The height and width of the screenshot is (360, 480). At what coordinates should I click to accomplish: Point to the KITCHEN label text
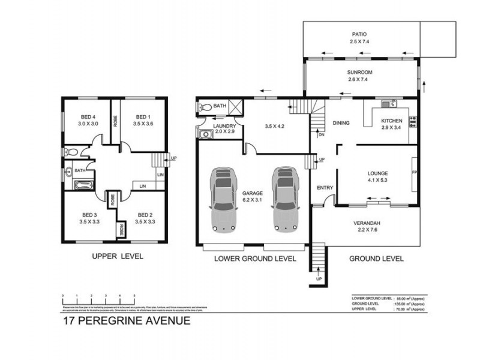point(392,121)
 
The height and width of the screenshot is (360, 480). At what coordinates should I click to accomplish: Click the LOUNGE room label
point(378,173)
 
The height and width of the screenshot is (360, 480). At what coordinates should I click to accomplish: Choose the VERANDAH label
point(370,224)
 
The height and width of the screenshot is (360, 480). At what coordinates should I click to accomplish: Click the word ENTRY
point(325,188)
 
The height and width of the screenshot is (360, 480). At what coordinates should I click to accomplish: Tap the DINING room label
point(341,123)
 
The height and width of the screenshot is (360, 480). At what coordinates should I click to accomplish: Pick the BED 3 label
point(89,214)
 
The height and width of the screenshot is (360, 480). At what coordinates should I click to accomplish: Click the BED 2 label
point(145,214)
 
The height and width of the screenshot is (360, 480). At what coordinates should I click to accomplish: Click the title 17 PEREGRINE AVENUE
point(127,320)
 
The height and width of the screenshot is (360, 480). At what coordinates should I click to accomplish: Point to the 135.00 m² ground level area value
point(402,304)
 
